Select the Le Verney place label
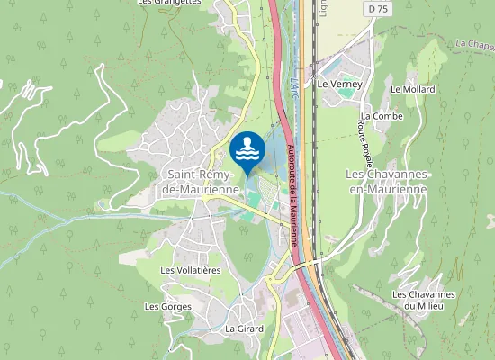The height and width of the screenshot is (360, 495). tap(338, 84)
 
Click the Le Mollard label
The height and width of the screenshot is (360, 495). tap(413, 89)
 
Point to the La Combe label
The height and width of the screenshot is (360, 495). tap(382, 117)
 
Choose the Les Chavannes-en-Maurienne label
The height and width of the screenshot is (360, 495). tap(389, 181)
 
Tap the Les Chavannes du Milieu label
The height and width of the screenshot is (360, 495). tap(424, 301)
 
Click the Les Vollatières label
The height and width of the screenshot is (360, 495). tap(190, 270)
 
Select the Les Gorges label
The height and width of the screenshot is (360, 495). tap(168, 307)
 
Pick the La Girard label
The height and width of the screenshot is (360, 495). tap(244, 328)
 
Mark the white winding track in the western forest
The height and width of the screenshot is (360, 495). tap(36, 126)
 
